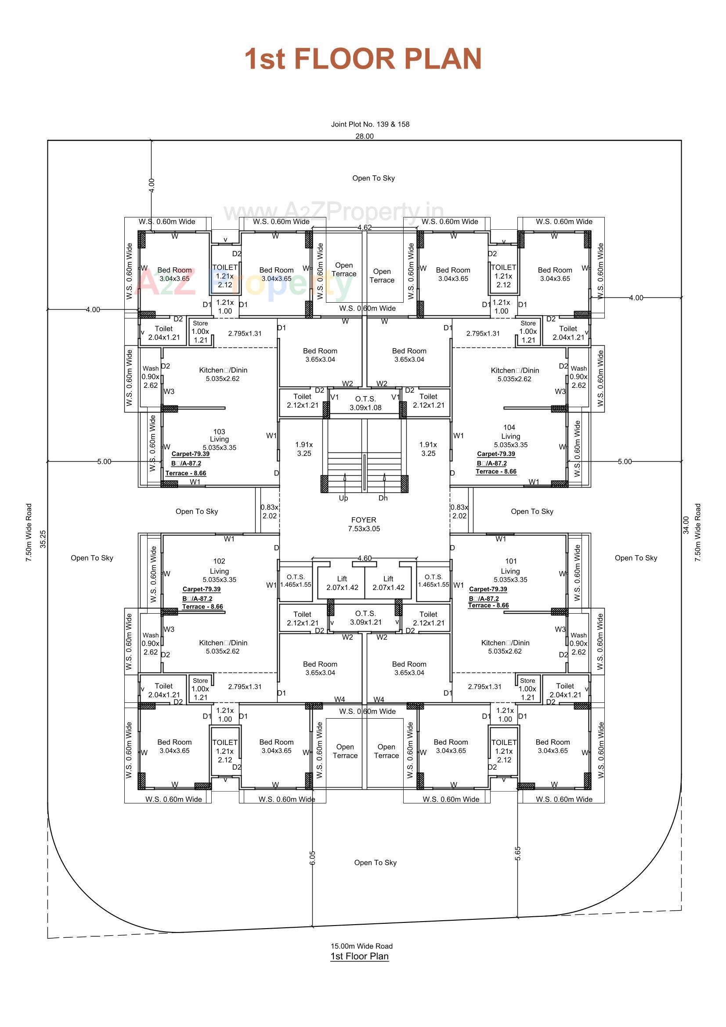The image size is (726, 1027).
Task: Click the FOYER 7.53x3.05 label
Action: pos(364,524)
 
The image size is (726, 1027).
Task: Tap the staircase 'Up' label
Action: pos(343,498)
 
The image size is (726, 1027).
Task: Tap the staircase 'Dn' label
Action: pos(383,498)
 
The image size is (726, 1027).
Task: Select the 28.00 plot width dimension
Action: pos(364,137)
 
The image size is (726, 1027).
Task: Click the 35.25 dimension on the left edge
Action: pos(43,539)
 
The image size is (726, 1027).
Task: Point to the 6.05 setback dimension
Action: pos(312,857)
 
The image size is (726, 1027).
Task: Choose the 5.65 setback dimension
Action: pos(517,853)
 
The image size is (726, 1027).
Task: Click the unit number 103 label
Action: pos(219,432)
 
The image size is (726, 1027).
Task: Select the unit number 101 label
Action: pos(511,561)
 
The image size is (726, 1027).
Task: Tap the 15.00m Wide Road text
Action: pos(361,946)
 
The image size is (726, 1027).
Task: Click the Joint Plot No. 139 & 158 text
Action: pos(370,124)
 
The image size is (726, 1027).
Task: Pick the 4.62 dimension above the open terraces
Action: pos(364,228)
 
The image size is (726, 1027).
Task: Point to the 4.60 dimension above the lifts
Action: pos(364,558)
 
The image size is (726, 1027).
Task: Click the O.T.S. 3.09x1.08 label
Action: pos(365,403)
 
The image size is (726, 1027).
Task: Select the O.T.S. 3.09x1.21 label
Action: pos(365,618)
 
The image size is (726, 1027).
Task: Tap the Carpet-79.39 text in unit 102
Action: pos(201,589)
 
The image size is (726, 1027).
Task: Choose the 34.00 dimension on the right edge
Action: pos(686,525)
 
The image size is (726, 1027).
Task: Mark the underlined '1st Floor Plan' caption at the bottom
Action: pos(359,956)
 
